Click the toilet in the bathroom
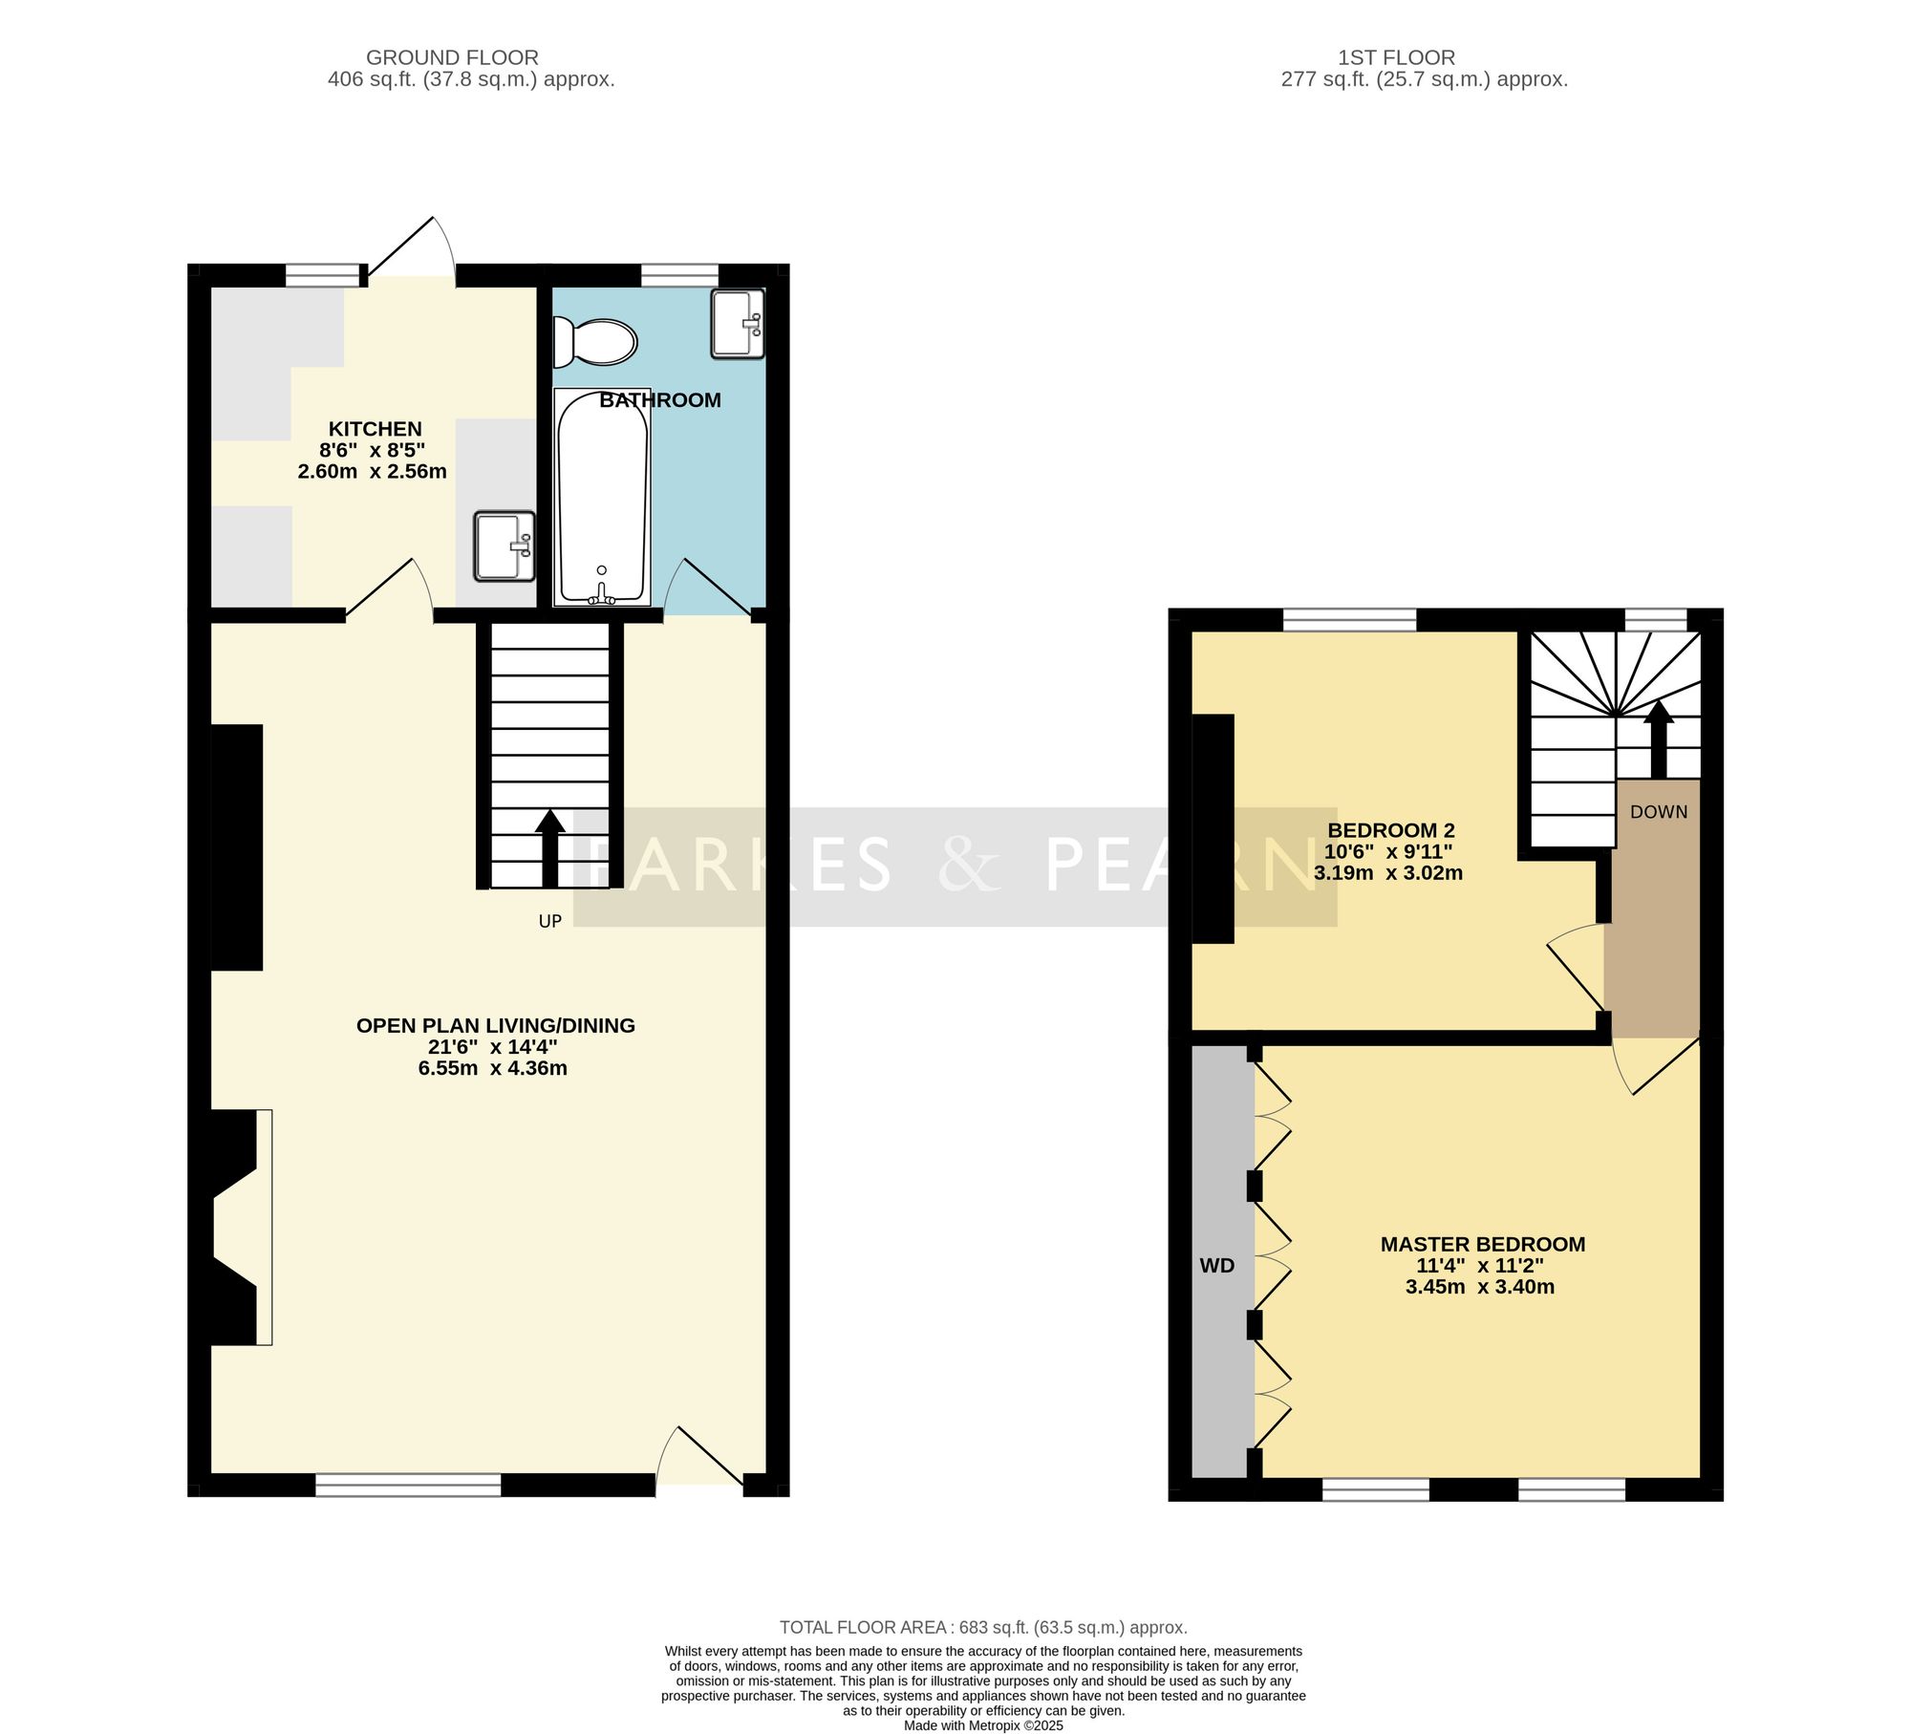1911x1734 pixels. pyautogui.click(x=595, y=342)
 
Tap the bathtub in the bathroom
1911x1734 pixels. pyautogui.click(x=602, y=497)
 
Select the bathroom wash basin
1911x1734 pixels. pyautogui.click(x=738, y=324)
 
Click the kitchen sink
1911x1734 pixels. pyautogui.click(x=505, y=546)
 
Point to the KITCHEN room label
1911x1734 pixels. pyautogui.click(x=376, y=429)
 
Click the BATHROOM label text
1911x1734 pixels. pyautogui.click(x=660, y=400)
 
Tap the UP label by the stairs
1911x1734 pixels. pyautogui.click(x=550, y=921)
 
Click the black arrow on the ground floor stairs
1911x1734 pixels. pyautogui.click(x=549, y=848)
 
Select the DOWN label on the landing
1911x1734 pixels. pyautogui.click(x=1659, y=812)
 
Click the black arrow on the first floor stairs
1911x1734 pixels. pyautogui.click(x=1658, y=739)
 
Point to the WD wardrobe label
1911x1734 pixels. pyautogui.click(x=1217, y=1266)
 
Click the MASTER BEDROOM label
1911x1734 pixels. pyautogui.click(x=1483, y=1244)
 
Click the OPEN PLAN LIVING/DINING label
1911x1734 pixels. pyautogui.click(x=496, y=1025)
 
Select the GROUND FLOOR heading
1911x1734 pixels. pyautogui.click(x=452, y=57)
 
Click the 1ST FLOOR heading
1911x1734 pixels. pyautogui.click(x=1396, y=57)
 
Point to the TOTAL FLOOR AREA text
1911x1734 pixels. pyautogui.click(x=983, y=1627)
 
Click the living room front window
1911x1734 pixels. pyautogui.click(x=408, y=1484)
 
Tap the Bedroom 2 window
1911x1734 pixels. pyautogui.click(x=1349, y=620)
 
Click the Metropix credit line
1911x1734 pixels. pyautogui.click(x=983, y=1725)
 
